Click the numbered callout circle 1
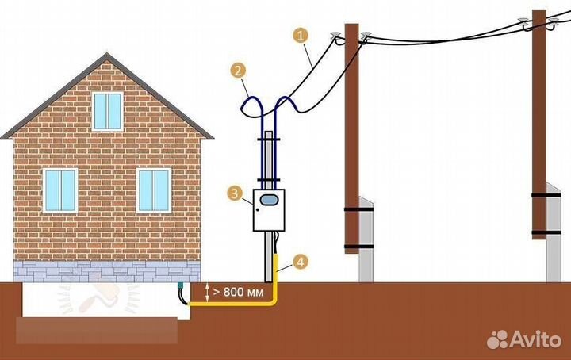click(x=300, y=35)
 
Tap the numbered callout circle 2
click(x=236, y=70)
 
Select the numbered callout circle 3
click(x=233, y=193)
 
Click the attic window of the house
click(x=107, y=111)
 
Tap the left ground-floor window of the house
click(x=59, y=190)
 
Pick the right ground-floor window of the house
click(x=154, y=190)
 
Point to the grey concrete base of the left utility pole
click(x=365, y=238)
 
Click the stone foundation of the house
click(x=95, y=271)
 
